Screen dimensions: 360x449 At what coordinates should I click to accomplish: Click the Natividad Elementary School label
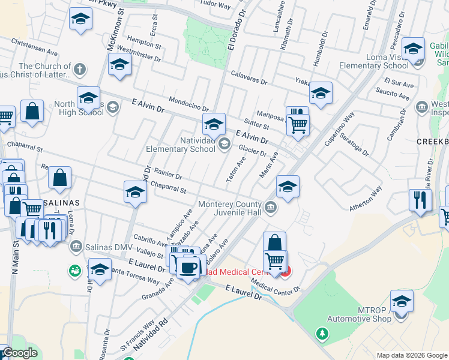point(181,145)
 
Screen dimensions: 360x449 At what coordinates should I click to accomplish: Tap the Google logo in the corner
point(19,353)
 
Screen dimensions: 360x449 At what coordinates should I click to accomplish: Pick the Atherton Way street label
point(366,200)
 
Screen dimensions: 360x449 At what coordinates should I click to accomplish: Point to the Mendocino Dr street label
point(188,104)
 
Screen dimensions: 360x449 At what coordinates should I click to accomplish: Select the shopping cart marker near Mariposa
point(298,125)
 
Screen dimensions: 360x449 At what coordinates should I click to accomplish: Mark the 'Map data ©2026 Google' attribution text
point(412,355)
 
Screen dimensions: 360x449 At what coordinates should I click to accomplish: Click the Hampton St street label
point(144,44)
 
